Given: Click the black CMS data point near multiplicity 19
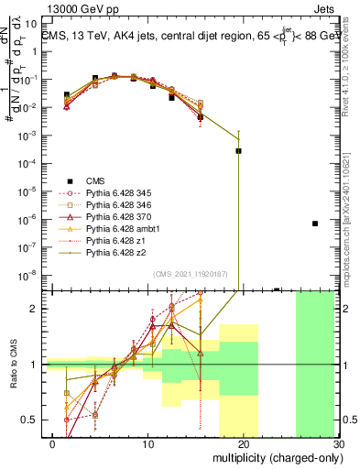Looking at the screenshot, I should pos(238,151).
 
